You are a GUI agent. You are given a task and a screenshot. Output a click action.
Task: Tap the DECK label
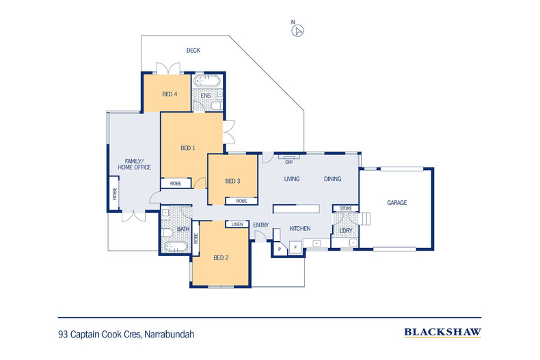tap(193, 51)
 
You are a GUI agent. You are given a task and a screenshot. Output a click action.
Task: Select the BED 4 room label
tap(170, 94)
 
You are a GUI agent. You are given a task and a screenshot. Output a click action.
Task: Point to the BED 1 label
tap(188, 148)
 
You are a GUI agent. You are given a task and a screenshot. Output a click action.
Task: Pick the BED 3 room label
tap(233, 181)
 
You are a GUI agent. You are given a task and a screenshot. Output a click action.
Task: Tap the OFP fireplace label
tap(288, 162)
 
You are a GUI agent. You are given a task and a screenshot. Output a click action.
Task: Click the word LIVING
tap(295, 179)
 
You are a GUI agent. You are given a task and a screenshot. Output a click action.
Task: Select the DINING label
tap(332, 179)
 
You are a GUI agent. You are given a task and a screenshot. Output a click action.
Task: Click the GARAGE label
tap(397, 203)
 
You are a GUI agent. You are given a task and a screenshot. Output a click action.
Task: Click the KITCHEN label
tap(300, 229)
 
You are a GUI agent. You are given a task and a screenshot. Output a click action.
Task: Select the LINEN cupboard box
tap(237, 224)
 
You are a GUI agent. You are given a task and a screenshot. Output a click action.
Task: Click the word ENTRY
tap(260, 225)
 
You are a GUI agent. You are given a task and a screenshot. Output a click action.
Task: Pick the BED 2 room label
tap(220, 258)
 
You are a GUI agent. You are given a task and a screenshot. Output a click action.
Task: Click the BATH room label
tap(183, 230)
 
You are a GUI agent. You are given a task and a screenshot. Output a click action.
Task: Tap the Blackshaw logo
tap(443, 333)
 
